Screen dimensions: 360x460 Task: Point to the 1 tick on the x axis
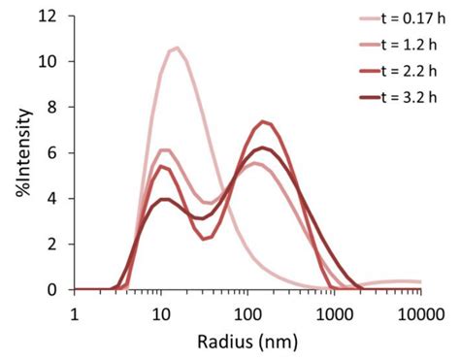point(75,312)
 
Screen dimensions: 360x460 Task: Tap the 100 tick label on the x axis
point(248,312)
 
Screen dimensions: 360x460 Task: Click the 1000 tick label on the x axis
point(335,312)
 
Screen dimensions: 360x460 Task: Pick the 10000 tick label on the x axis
point(419,312)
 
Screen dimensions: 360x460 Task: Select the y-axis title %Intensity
point(21,153)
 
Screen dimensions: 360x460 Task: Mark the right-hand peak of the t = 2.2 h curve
point(263,121)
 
